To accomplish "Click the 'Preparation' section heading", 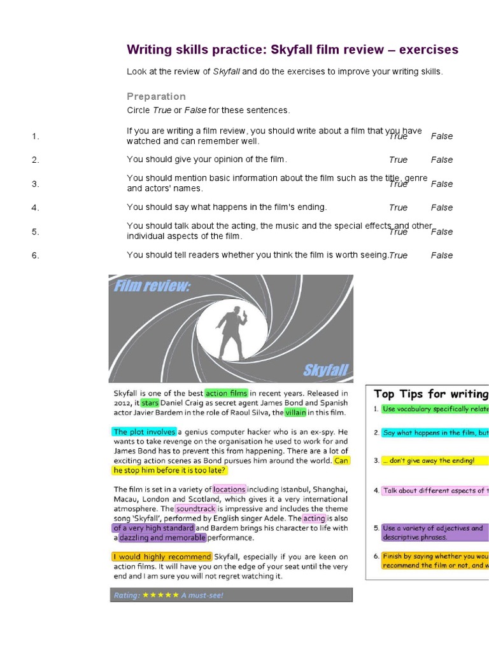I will (156, 97).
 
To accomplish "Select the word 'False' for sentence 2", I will (441, 160).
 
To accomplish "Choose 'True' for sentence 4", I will (398, 208).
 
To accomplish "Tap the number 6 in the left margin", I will (36, 256).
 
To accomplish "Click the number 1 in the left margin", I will (36, 136).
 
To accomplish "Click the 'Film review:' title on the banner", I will (152, 287).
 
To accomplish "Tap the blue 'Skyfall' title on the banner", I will (325, 370).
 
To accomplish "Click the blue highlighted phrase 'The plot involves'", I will (144, 432).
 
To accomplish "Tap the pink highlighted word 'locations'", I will (229, 490).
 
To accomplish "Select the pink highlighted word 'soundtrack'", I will (195, 509).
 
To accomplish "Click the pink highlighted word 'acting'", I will (313, 519).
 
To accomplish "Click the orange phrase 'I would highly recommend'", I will (162, 557).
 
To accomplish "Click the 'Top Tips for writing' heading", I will (430, 394).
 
